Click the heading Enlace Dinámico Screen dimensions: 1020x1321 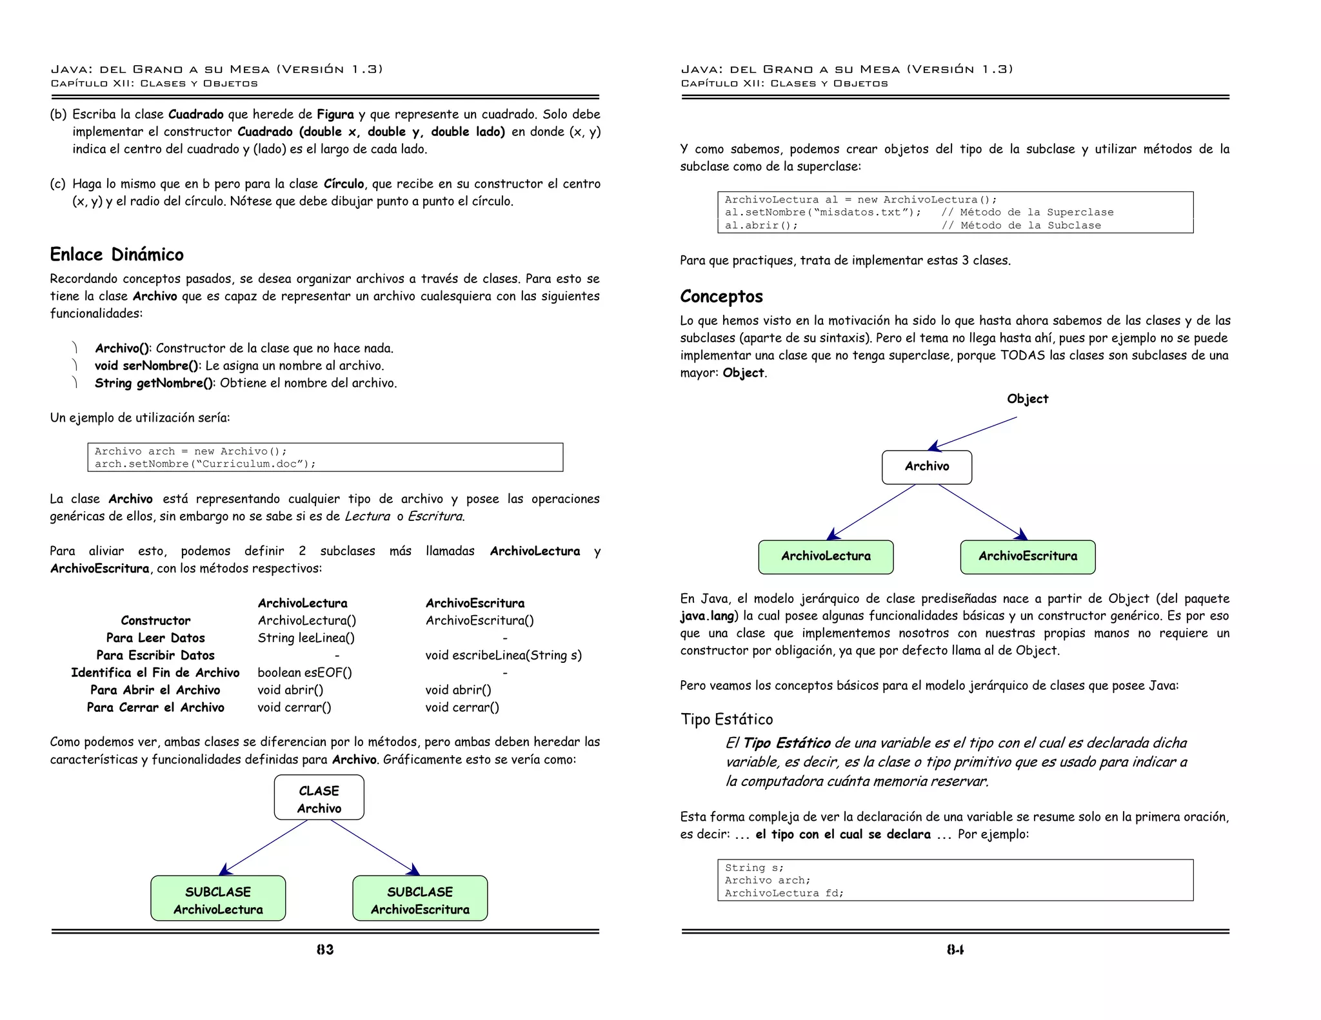pyautogui.click(x=117, y=255)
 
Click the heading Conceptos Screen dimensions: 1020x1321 pyautogui.click(x=721, y=297)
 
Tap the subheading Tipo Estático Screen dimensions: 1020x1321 pyautogui.click(x=726, y=720)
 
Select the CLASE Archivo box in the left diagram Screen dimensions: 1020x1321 pyautogui.click(x=319, y=798)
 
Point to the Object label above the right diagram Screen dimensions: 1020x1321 pyautogui.click(x=1028, y=399)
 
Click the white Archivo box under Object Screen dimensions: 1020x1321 pyautogui.click(x=927, y=467)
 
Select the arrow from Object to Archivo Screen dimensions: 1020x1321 pyautogui.click(x=973, y=433)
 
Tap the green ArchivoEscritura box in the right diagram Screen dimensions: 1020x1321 pyautogui.click(x=1028, y=556)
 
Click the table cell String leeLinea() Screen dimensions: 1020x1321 pyautogui.click(x=306, y=638)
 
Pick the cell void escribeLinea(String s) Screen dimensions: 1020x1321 pyautogui.click(x=503, y=656)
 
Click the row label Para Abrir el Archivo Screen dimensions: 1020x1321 pyautogui.click(x=155, y=691)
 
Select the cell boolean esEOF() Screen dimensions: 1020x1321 pyautogui.click(x=304, y=673)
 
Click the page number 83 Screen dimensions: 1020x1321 pyautogui.click(x=325, y=950)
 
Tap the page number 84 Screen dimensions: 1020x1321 pyautogui.click(x=955, y=950)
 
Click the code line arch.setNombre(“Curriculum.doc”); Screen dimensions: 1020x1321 pyautogui.click(x=205, y=464)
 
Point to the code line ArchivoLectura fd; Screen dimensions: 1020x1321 pyautogui.click(x=784, y=894)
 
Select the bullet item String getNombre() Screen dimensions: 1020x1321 pyautogui.click(x=245, y=384)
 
